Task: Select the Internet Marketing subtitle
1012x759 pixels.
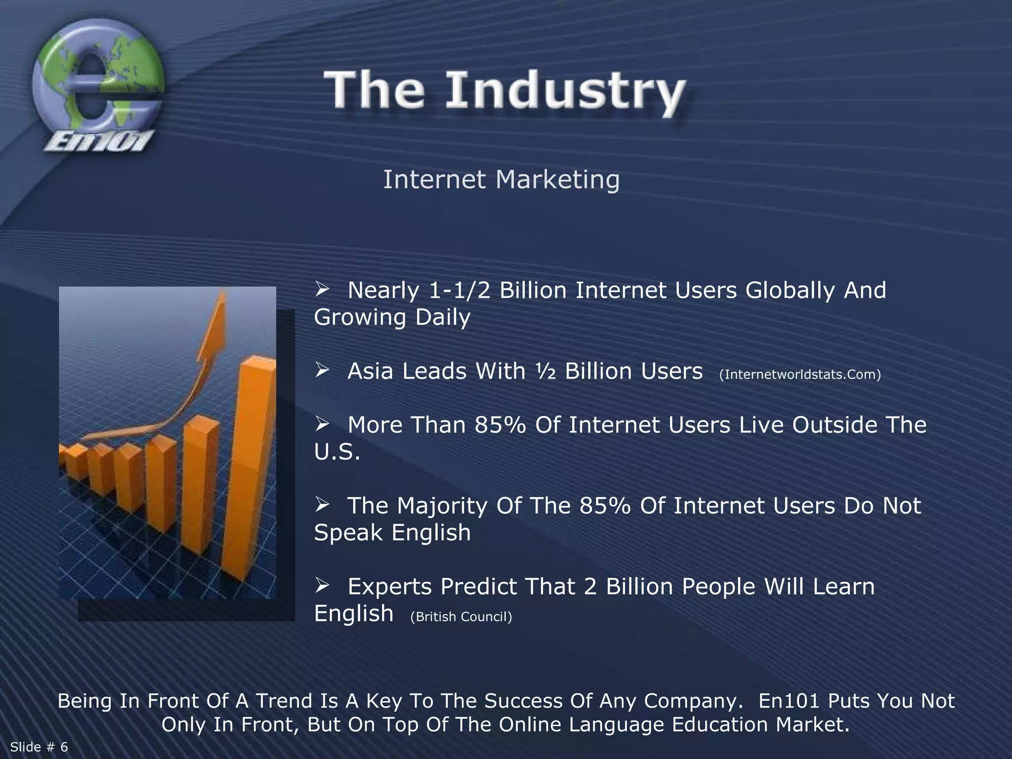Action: (x=501, y=179)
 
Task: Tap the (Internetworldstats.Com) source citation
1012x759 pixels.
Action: (x=800, y=375)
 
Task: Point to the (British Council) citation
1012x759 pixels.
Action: (x=461, y=617)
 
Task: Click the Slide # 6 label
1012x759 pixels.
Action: (x=39, y=747)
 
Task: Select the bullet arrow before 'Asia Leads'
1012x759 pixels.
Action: (x=322, y=370)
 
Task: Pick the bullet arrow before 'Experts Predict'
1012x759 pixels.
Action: (x=322, y=586)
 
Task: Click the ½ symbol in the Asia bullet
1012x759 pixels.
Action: (x=545, y=372)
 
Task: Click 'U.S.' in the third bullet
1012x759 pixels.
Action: (x=337, y=452)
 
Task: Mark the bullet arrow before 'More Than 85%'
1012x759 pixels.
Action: (x=322, y=424)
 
